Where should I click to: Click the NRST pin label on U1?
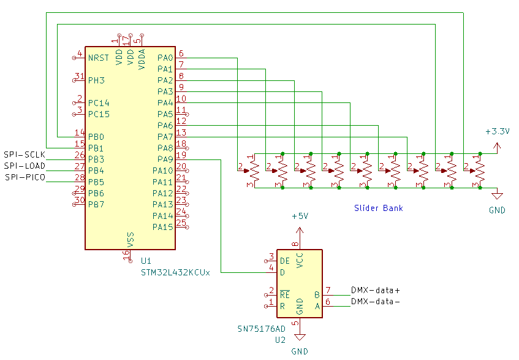(98, 58)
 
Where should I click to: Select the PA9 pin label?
(165, 159)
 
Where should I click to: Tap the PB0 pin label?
(96, 137)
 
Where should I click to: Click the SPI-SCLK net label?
(25, 155)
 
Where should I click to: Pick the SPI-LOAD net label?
(25, 166)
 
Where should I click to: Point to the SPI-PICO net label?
(25, 177)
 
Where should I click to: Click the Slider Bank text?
(379, 209)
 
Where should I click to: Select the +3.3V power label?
(497, 131)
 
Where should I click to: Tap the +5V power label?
(300, 217)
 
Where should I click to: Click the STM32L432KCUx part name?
(175, 273)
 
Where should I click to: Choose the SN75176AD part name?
(262, 329)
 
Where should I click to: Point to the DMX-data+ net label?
(375, 290)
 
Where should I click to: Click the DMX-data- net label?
(375, 302)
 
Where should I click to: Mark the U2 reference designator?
(281, 339)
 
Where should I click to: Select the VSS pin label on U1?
(130, 239)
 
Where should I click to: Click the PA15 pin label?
(163, 227)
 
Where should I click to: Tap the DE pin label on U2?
(285, 261)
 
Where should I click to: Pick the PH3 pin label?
(96, 80)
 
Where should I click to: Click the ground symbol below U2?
(300, 337)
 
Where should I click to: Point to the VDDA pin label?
(142, 58)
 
